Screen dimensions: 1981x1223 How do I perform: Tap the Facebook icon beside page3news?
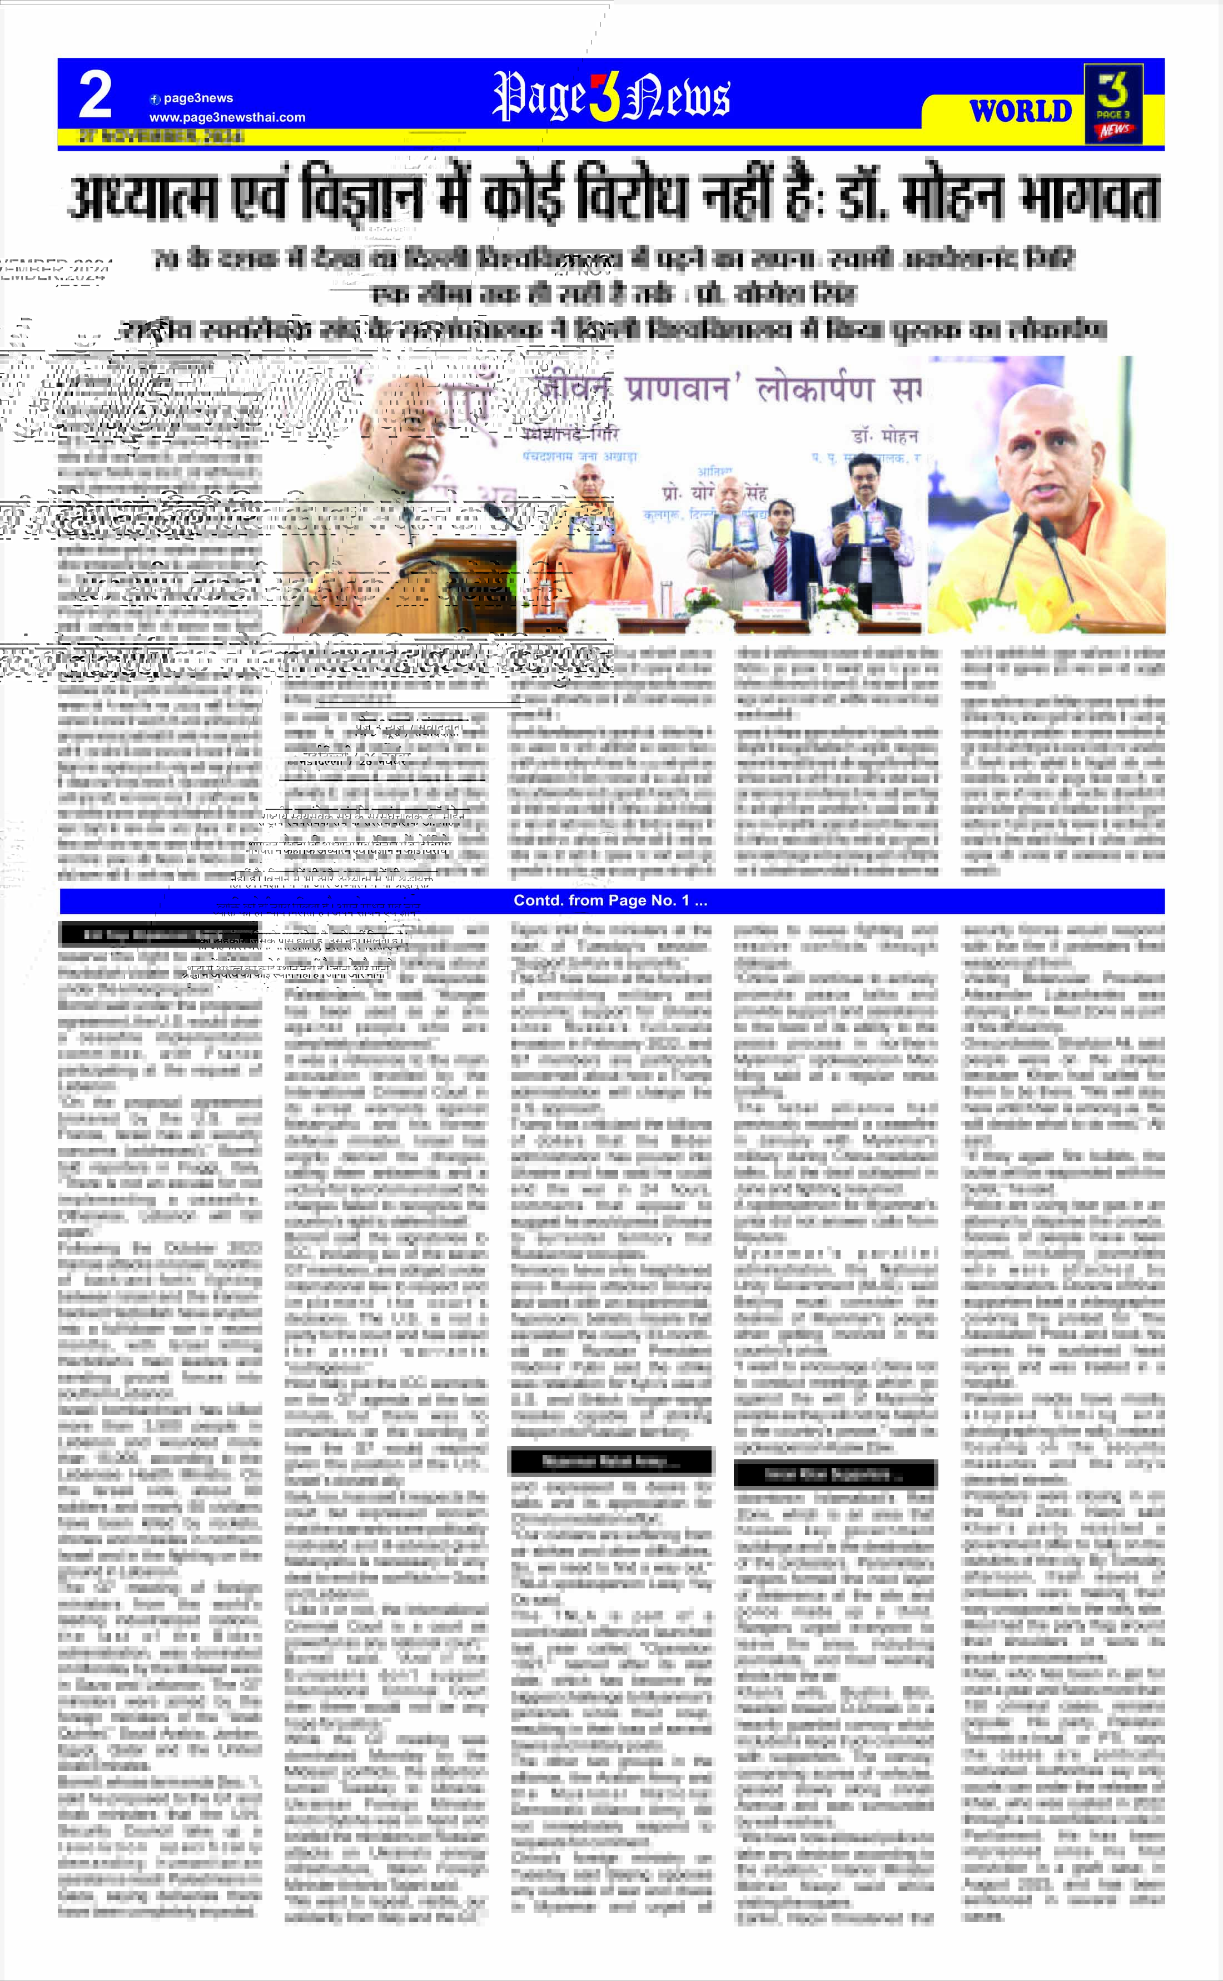155,99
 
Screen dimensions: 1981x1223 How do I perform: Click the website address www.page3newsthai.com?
227,117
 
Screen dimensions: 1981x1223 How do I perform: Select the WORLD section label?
1020,111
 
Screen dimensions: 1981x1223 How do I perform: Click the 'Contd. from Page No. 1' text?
611,900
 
